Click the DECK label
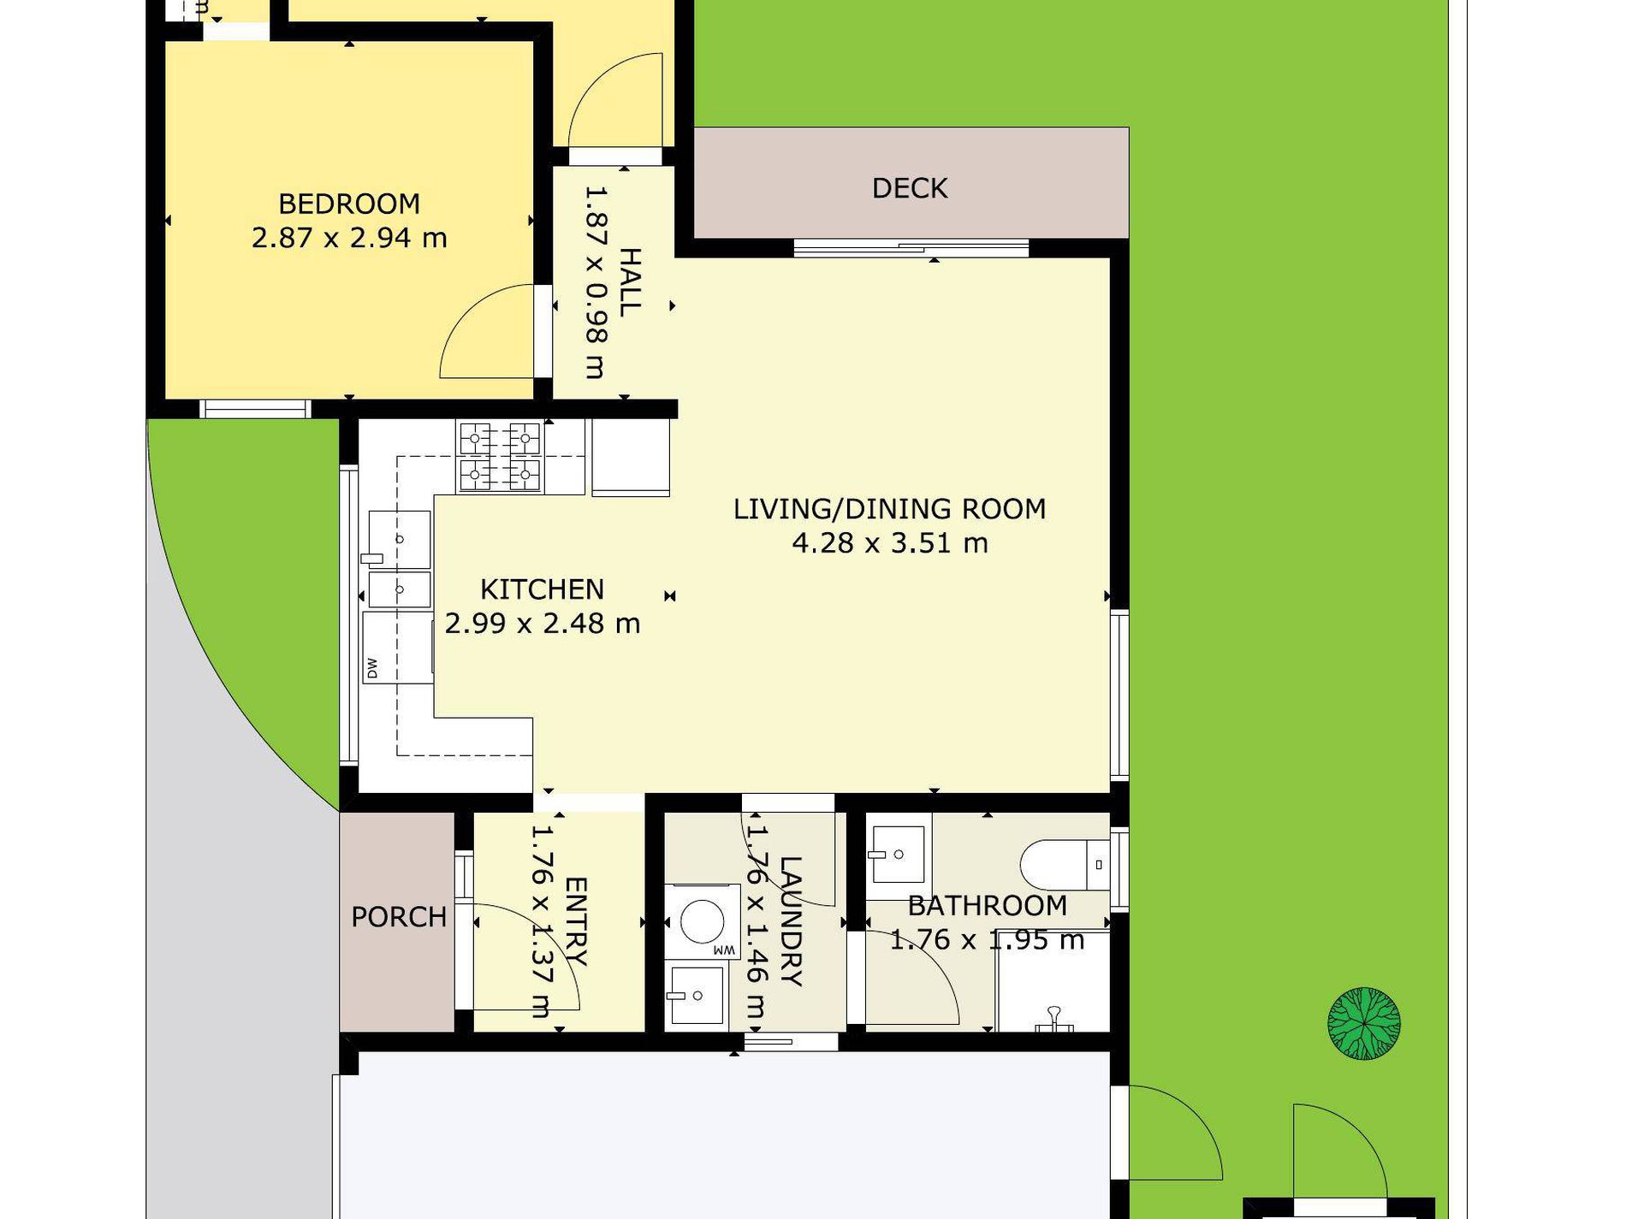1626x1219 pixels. click(910, 188)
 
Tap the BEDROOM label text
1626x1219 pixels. click(349, 204)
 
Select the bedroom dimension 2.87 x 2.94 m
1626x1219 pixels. click(349, 238)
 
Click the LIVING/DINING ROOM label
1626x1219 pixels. click(890, 509)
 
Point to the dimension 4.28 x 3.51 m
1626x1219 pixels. click(890, 543)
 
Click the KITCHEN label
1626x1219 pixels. click(543, 589)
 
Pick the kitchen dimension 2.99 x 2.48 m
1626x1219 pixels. click(543, 624)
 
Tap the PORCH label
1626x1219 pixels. click(399, 917)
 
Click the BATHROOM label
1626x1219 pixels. click(988, 905)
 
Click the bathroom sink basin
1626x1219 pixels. click(897, 854)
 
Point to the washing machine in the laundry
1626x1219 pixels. click(703, 922)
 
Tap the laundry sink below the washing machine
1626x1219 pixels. click(696, 996)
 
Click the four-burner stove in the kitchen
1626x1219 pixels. click(501, 457)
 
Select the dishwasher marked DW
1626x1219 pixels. click(399, 648)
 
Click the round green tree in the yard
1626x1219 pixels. click(1364, 1024)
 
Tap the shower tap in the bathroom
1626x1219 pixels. click(1054, 1019)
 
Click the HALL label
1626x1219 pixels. click(630, 282)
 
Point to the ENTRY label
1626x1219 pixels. click(576, 921)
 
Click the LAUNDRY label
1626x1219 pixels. click(791, 921)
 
